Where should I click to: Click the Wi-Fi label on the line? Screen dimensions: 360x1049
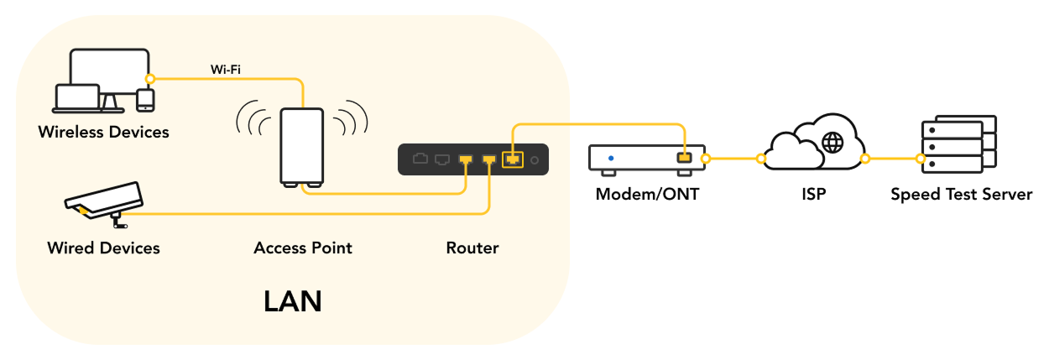tap(227, 69)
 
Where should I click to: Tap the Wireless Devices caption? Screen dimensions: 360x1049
tap(103, 132)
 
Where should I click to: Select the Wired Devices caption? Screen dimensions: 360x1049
tap(103, 248)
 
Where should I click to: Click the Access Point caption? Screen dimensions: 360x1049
tap(303, 248)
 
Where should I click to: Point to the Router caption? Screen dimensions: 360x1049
tap(472, 248)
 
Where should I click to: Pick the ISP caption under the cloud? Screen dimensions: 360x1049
tap(813, 195)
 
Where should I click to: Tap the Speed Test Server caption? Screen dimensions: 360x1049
tap(961, 195)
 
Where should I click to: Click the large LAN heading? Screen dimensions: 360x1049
tap(292, 300)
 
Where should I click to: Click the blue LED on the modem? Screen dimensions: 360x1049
tap(611, 157)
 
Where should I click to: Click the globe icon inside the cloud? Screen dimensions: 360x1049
tap(833, 143)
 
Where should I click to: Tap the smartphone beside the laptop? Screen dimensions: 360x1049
tap(146, 100)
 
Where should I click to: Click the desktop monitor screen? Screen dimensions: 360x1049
tap(109, 71)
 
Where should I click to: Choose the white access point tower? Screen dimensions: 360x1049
tap(302, 147)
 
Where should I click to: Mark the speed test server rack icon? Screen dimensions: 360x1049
tap(958, 144)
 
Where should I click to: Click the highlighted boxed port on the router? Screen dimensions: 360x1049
tap(512, 158)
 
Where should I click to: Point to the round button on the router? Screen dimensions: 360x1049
tap(533, 158)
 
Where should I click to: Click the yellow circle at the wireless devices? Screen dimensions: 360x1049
tap(149, 79)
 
